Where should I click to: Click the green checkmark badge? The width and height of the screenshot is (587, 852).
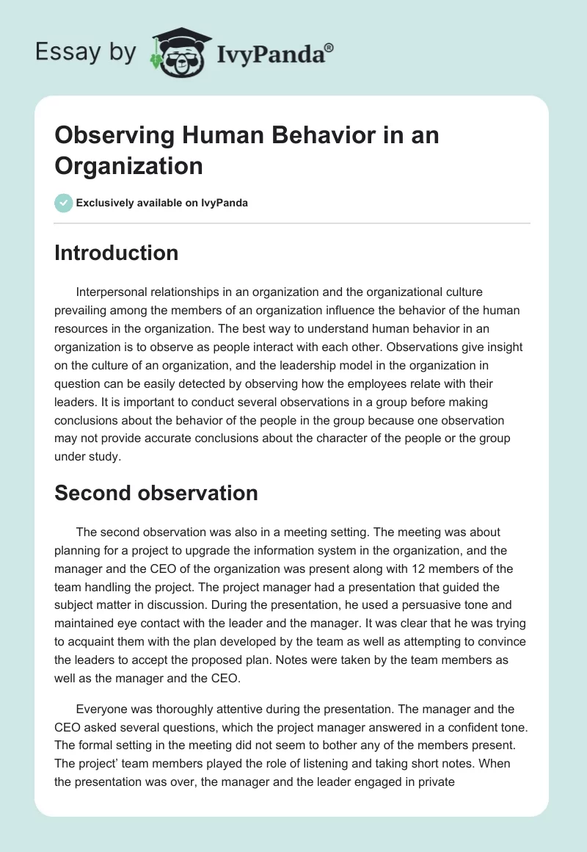(64, 203)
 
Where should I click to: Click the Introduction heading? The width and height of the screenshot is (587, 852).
(116, 253)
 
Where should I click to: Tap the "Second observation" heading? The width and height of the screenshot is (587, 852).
(156, 493)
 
